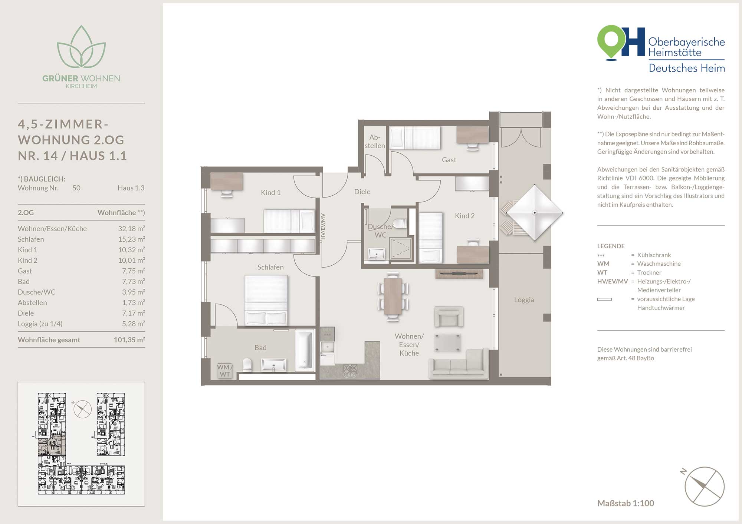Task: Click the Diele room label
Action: pos(362,192)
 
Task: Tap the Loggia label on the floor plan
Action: pos(524,300)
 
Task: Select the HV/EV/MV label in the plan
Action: pos(323,226)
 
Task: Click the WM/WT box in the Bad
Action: pos(225,371)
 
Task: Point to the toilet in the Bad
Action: pos(247,365)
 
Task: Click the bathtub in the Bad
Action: pos(305,349)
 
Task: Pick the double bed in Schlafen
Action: pos(266,300)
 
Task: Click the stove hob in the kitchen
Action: pos(350,371)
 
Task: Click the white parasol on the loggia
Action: pos(534,213)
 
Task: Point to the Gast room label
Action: pos(449,160)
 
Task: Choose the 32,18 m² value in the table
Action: pos(131,229)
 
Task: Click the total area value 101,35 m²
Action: pos(129,339)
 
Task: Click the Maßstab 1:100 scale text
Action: pos(626,503)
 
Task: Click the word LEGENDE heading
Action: pos(611,246)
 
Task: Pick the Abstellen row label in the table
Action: pos(32,302)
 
